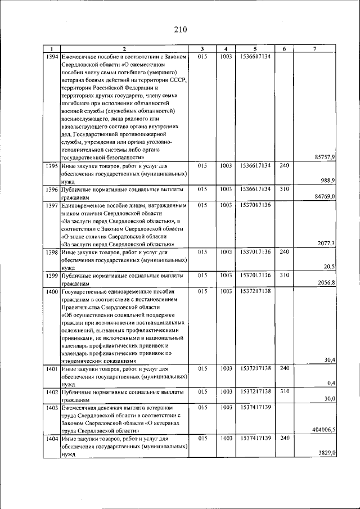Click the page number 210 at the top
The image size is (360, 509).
180,29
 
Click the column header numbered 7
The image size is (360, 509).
315,49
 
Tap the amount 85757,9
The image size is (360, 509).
323,157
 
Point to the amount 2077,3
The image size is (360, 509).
326,244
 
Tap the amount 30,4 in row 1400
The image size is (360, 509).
330,360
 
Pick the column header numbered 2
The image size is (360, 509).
124,49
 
